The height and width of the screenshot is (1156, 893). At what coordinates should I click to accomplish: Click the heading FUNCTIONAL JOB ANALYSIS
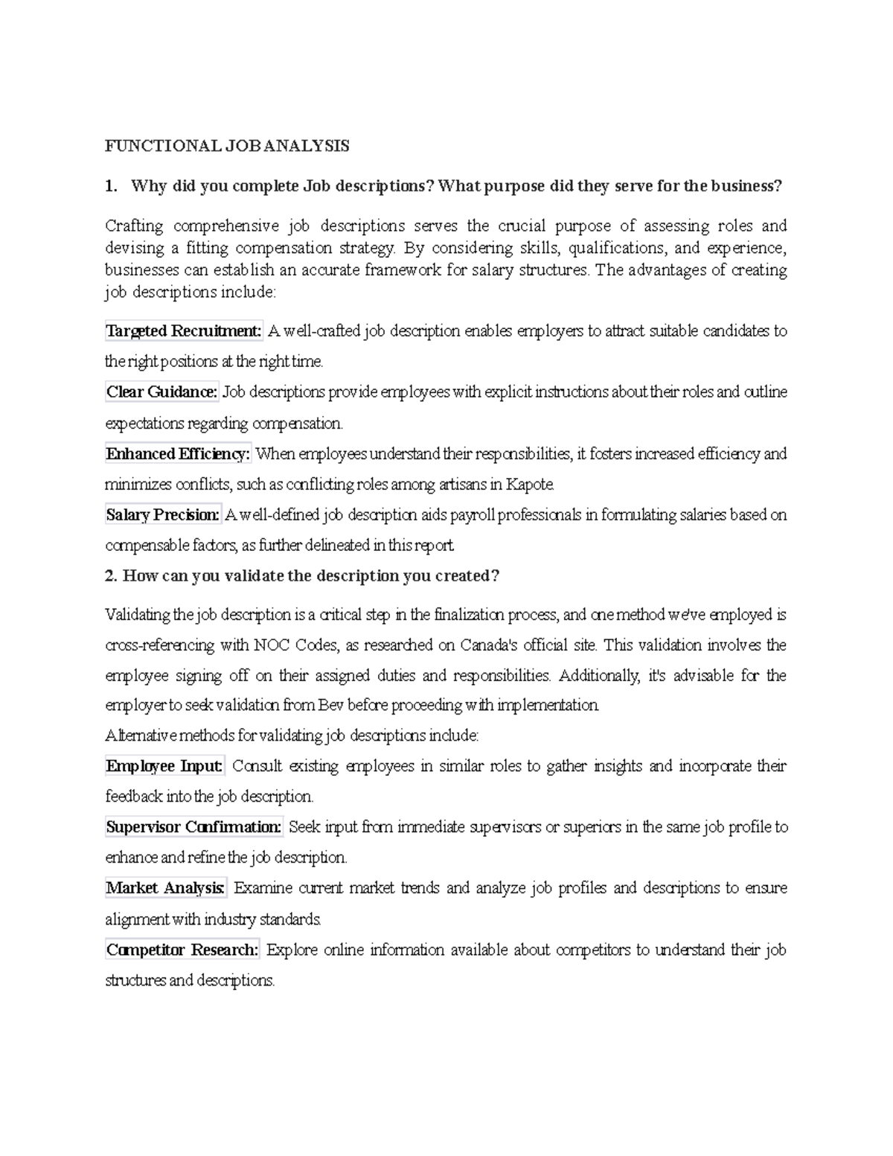pyautogui.click(x=227, y=146)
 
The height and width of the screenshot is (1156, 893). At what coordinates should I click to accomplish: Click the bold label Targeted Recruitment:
pyautogui.click(x=184, y=330)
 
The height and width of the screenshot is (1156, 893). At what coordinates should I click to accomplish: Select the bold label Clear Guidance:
pyautogui.click(x=162, y=392)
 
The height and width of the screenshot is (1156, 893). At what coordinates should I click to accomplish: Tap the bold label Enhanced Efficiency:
pyautogui.click(x=179, y=453)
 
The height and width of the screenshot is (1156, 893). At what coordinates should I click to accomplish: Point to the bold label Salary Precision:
pyautogui.click(x=163, y=514)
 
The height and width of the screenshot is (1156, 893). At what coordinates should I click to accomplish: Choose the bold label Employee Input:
pyautogui.click(x=164, y=766)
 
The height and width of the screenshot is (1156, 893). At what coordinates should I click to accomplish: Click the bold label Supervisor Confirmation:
pyautogui.click(x=194, y=827)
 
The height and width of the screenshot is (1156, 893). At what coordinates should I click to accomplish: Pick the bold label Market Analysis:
pyautogui.click(x=165, y=888)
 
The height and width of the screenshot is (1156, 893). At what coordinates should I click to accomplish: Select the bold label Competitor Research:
pyautogui.click(x=182, y=950)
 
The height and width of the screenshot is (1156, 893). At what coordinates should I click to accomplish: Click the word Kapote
pyautogui.click(x=530, y=485)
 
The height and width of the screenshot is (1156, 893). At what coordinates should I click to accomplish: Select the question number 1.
pyautogui.click(x=111, y=186)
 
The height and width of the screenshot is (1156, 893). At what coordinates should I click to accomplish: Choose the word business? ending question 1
pyautogui.click(x=746, y=186)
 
